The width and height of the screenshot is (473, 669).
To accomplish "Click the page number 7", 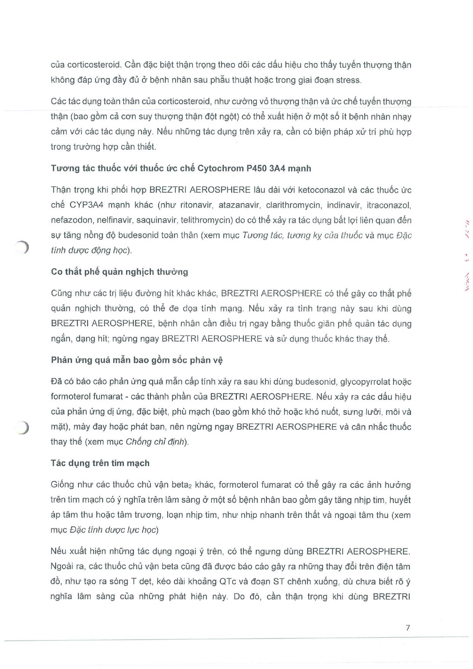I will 408,627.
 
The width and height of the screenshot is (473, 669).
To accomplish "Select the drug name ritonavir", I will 196,205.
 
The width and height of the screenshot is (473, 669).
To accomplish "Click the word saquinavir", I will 156,220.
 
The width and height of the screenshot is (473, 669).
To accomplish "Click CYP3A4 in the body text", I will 86,205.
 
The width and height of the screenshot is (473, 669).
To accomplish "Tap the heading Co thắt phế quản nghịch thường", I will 119,272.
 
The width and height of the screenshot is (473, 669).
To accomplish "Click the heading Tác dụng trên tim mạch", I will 100,463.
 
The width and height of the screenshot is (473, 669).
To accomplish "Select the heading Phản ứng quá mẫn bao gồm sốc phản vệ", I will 136,360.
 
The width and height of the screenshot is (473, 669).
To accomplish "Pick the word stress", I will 348,80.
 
